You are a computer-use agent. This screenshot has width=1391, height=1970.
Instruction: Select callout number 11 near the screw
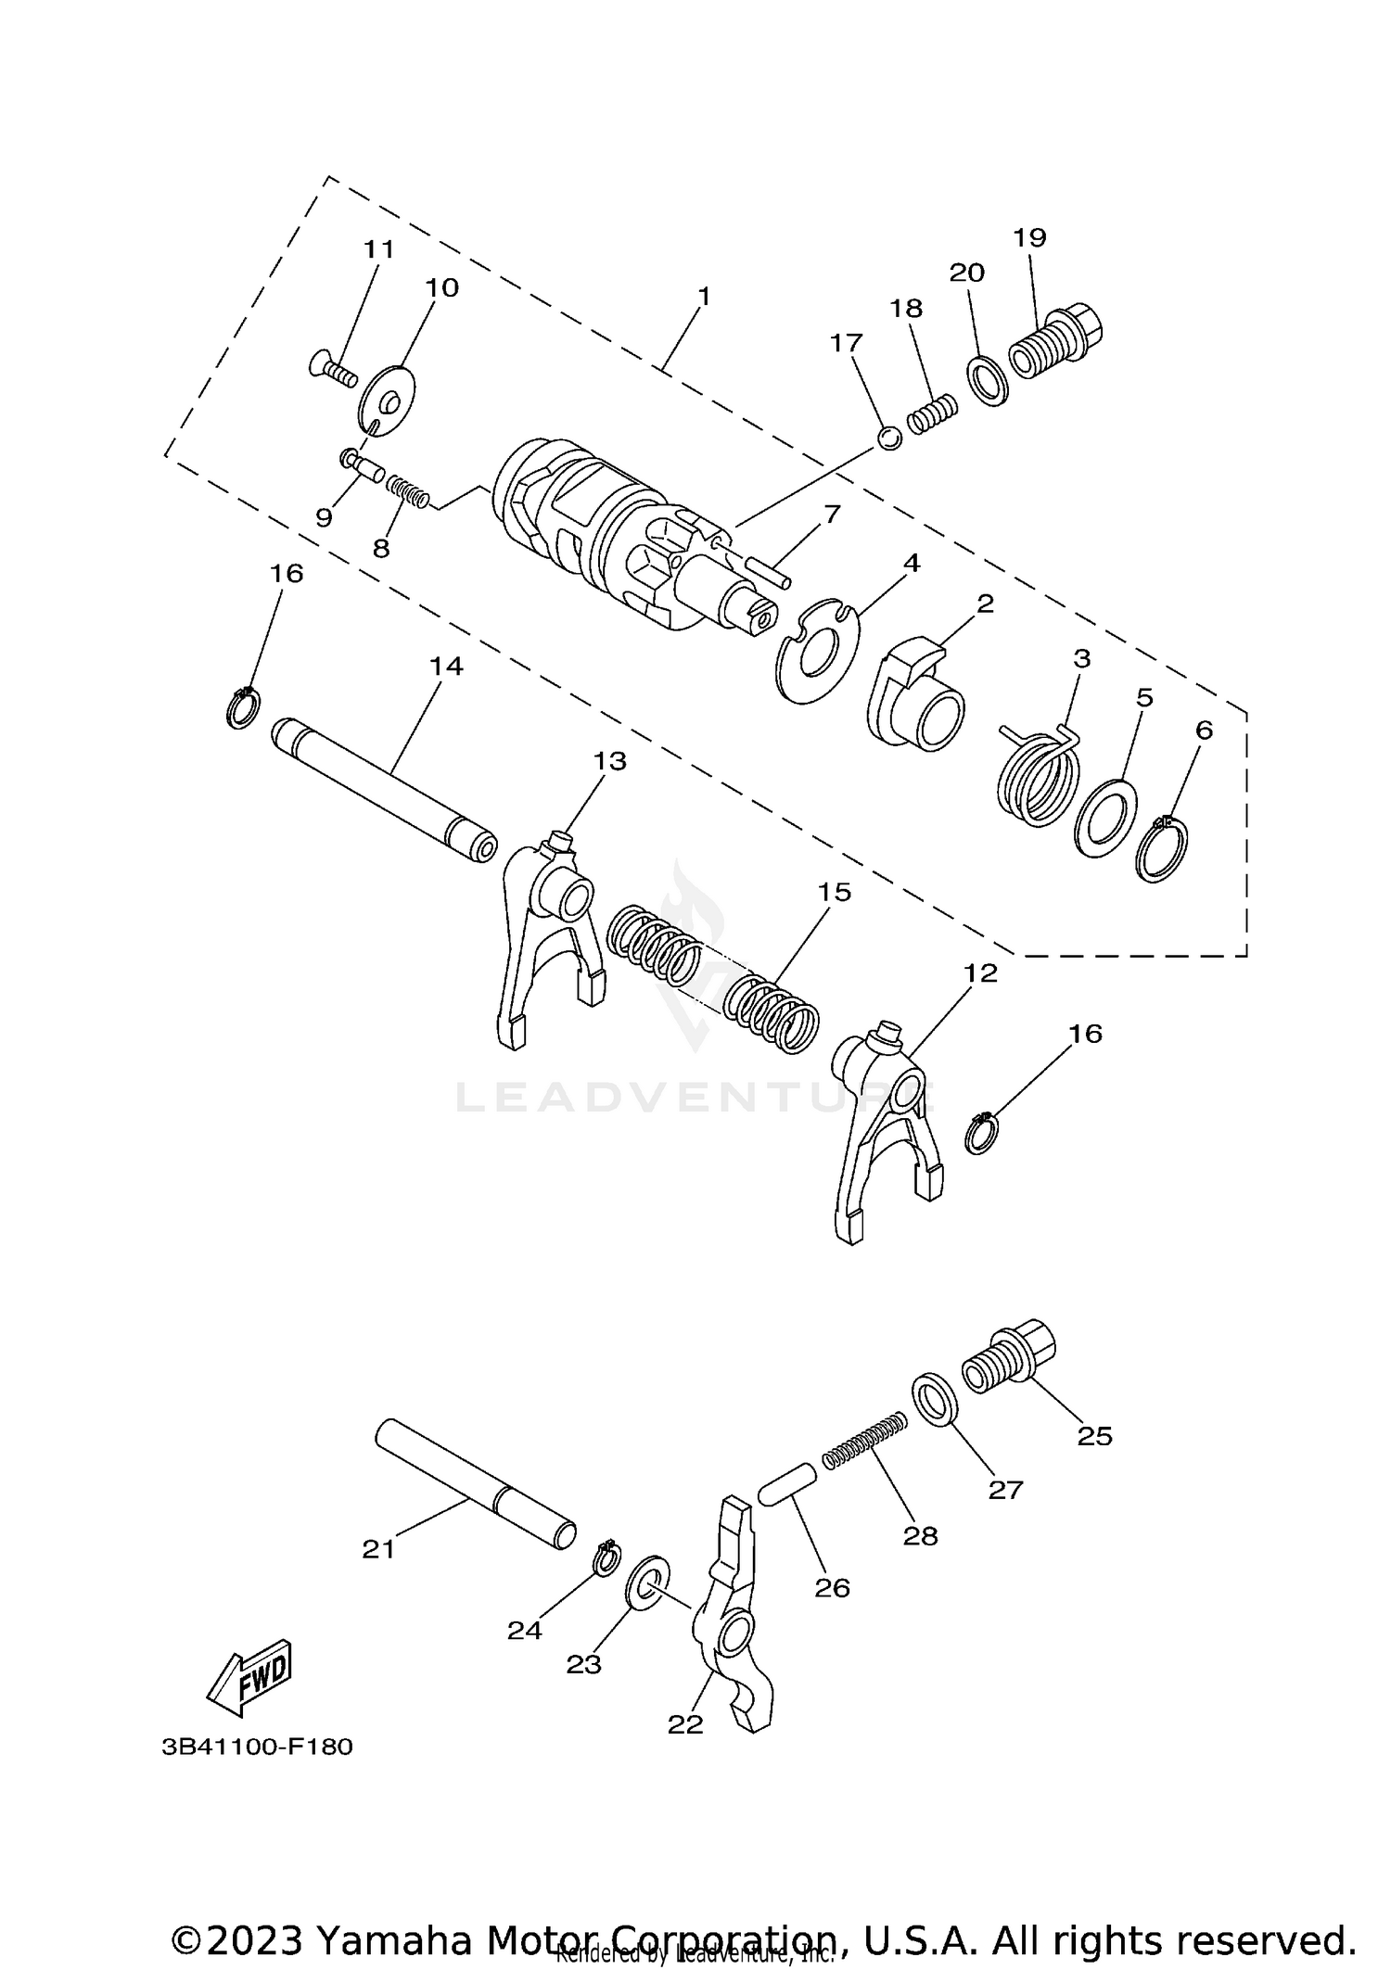(378, 249)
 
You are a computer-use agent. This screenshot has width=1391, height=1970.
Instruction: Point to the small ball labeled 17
(888, 438)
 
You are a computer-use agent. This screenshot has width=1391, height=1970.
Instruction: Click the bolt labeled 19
(1057, 343)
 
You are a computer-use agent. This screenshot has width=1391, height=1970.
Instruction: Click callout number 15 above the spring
(834, 892)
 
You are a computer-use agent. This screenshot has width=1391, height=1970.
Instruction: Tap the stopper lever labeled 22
(733, 1613)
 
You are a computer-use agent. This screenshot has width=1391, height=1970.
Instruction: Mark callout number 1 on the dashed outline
(704, 297)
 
